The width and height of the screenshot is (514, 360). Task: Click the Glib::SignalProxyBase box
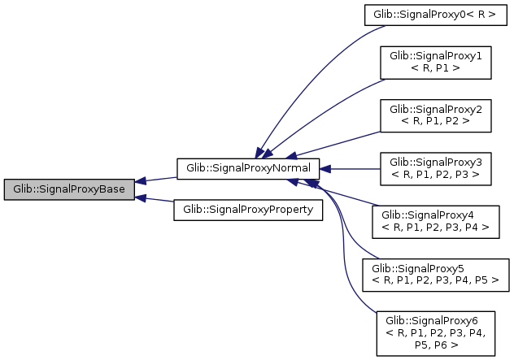point(68,189)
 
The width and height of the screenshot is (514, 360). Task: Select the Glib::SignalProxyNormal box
point(248,168)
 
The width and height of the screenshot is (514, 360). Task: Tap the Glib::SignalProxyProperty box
point(248,210)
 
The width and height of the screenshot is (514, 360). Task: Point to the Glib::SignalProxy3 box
point(435,169)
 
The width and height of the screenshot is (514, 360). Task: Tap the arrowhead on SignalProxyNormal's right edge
point(324,169)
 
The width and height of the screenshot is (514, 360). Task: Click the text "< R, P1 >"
point(435,68)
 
